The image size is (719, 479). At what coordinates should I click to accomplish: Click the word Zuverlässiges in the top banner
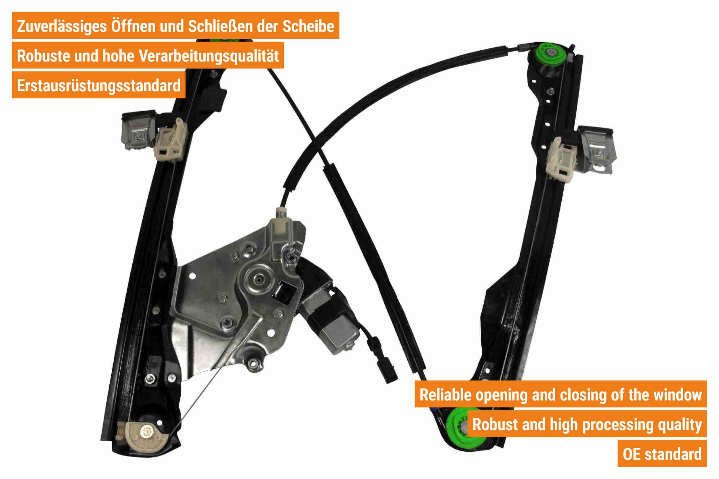(62, 26)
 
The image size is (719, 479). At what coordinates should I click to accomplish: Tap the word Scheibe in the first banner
(308, 26)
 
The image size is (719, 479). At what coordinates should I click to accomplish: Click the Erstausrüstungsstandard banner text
(98, 86)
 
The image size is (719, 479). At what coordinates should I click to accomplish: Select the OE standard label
(662, 454)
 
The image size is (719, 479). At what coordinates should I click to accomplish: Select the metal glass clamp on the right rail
(596, 150)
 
